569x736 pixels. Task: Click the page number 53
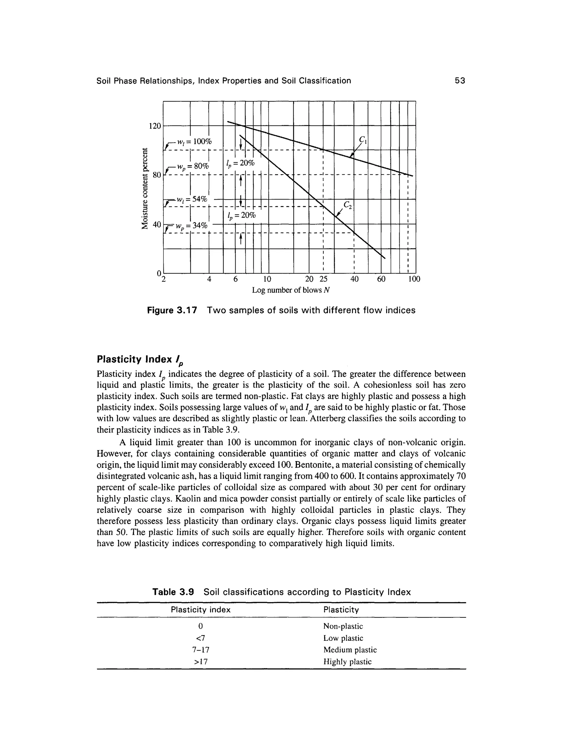[x=460, y=81]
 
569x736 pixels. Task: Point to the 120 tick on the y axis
[x=155, y=126]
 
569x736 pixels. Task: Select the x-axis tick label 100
[x=414, y=279]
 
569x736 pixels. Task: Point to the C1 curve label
[x=363, y=139]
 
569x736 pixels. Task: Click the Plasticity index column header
[x=201, y=610]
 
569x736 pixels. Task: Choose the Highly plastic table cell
[x=347, y=662]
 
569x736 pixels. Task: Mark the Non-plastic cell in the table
[x=343, y=626]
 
